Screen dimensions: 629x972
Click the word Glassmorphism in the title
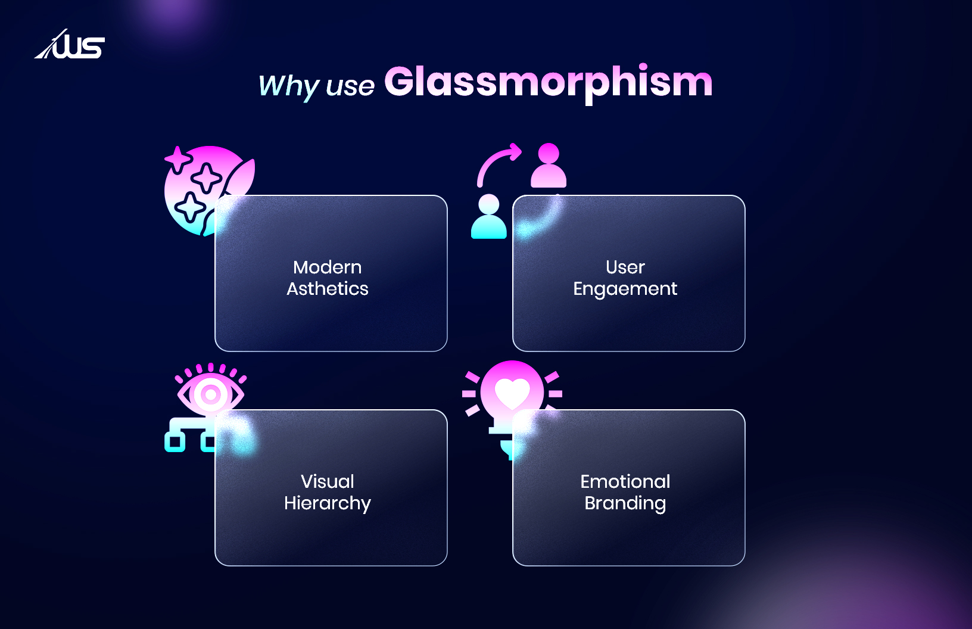click(x=548, y=82)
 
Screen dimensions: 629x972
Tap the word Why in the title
click(x=288, y=86)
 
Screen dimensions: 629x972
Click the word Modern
click(x=328, y=267)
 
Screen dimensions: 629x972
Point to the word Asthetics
click(x=328, y=289)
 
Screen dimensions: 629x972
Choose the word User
click(x=625, y=267)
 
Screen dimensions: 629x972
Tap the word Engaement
click(x=625, y=289)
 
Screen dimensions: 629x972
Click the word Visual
click(x=328, y=481)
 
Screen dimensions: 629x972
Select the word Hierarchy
click(x=328, y=503)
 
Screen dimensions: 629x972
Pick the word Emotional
click(x=625, y=481)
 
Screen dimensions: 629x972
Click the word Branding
click(x=625, y=503)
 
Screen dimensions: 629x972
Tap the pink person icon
click(x=549, y=166)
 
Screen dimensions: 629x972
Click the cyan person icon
click(x=489, y=217)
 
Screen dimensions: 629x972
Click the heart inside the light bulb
click(x=512, y=393)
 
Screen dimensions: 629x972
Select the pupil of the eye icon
click(x=210, y=394)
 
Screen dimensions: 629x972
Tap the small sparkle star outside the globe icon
click(x=177, y=158)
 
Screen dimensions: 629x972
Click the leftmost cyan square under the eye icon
click(x=175, y=442)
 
